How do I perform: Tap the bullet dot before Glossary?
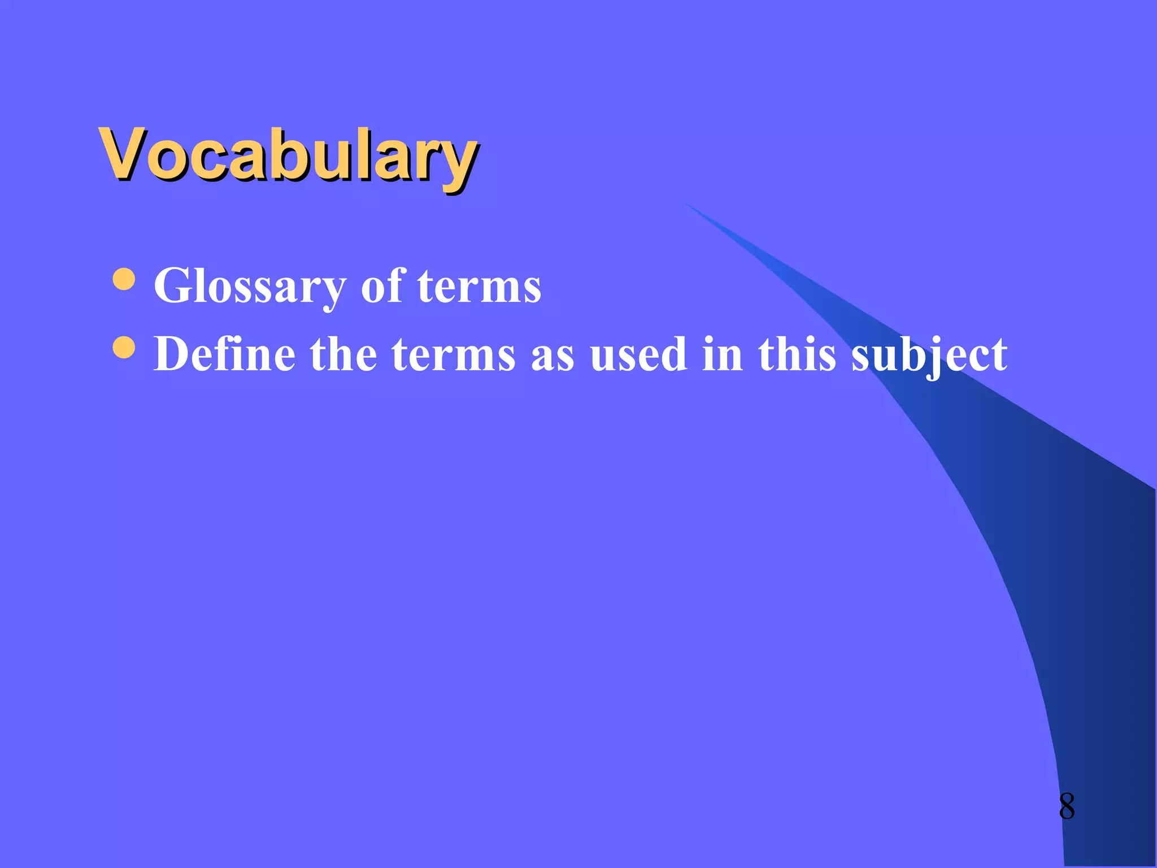pos(124,279)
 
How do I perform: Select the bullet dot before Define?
pos(124,348)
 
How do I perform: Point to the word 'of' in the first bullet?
pos(383,285)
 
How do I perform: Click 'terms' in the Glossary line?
pos(479,286)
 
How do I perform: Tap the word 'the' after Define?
pos(343,354)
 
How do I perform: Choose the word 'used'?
pos(638,354)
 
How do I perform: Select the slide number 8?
pos(1067,806)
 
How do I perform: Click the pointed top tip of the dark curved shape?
pos(687,204)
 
